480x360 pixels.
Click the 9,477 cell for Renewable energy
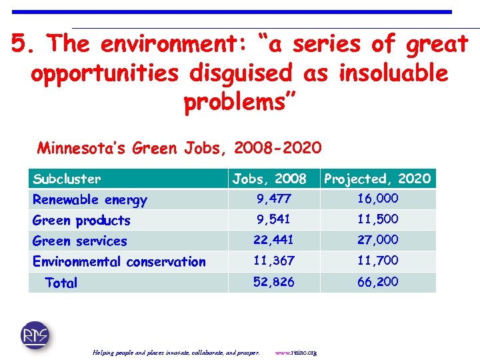[273, 199]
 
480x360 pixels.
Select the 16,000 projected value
[377, 199]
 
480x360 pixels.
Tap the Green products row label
[81, 220]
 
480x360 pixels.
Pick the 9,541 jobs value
[273, 219]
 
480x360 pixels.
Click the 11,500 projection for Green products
[377, 219]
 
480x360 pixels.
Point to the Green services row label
[79, 241]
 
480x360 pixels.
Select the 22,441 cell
[273, 240]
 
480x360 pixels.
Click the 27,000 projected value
[377, 240]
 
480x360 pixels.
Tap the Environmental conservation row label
[119, 261]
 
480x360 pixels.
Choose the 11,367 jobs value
[273, 261]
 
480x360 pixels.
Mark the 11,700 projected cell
[377, 261]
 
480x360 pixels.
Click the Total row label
[61, 283]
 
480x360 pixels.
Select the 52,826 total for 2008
[273, 282]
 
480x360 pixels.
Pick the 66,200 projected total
[377, 282]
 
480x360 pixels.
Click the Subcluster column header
[67, 179]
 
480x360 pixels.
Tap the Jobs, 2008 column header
[269, 179]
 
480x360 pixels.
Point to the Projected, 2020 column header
[377, 179]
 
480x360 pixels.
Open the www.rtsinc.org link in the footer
[296, 352]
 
